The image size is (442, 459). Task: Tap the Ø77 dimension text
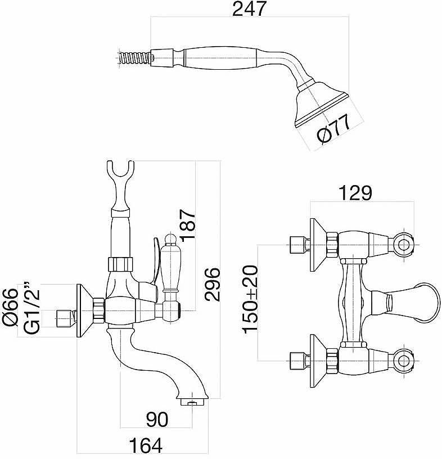(333, 131)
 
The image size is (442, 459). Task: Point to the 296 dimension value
(212, 285)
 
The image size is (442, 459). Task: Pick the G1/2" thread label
(31, 310)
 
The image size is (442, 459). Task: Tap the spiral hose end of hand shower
(137, 57)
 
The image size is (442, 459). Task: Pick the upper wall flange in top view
(318, 245)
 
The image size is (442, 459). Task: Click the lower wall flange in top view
(318, 357)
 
